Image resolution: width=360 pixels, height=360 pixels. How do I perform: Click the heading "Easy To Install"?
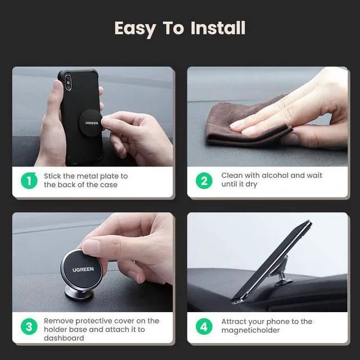(179, 28)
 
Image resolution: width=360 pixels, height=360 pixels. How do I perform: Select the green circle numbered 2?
(204, 181)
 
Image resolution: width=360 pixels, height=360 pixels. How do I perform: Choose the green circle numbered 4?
(204, 327)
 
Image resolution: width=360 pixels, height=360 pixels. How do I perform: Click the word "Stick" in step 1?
(52, 176)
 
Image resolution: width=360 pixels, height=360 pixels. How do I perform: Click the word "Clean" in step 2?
(232, 175)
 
